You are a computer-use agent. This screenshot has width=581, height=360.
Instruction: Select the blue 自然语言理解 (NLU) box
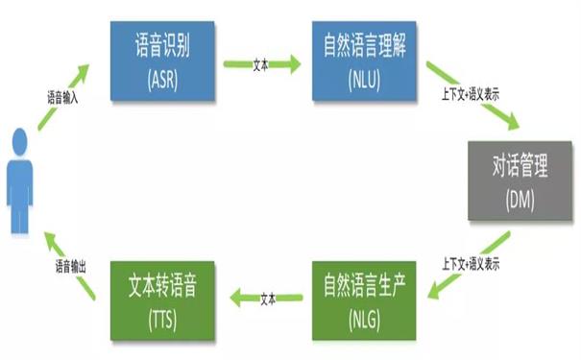click(365, 60)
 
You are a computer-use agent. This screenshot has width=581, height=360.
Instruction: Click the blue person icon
click(21, 187)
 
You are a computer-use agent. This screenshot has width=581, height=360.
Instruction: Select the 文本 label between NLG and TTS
click(269, 298)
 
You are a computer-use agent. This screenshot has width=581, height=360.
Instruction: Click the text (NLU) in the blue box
click(365, 76)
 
